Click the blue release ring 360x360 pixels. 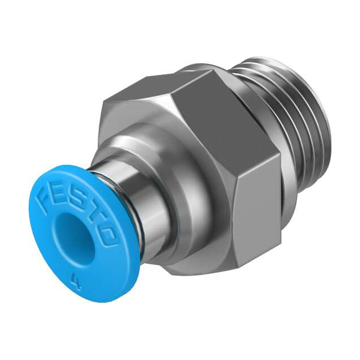[x=51, y=253]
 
